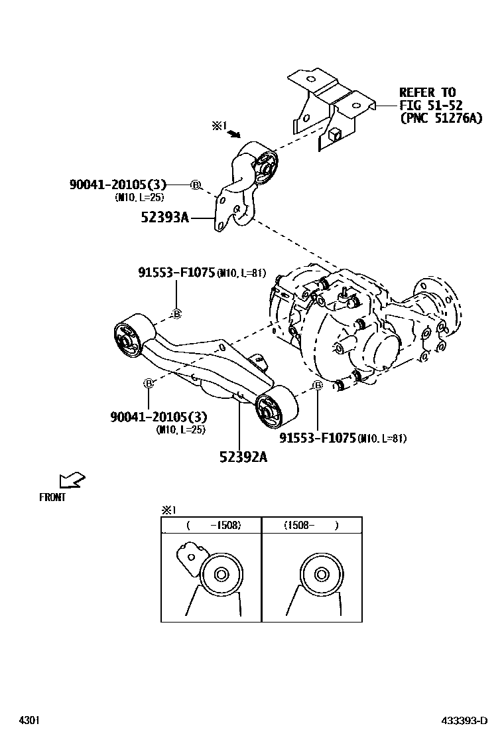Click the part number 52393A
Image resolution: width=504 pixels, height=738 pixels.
coord(164,216)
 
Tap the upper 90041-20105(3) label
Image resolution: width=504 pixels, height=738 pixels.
coord(117,184)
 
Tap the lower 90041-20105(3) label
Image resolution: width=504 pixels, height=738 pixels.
coord(158,417)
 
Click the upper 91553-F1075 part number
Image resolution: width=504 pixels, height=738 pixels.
coord(177,271)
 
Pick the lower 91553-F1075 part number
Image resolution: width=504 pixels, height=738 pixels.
coord(318,437)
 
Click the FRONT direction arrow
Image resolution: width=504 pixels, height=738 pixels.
coord(72,480)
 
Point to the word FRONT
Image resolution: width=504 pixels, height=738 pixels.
coord(52,497)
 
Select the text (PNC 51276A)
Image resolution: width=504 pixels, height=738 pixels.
coord(440,118)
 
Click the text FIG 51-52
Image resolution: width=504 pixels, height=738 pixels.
coord(430,105)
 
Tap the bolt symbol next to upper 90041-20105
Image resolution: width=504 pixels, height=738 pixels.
coord(195,184)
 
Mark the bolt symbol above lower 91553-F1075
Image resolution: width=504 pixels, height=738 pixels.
coord(318,386)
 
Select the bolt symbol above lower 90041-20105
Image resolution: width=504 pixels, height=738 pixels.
coord(149,383)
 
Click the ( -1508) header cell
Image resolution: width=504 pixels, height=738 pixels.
coord(211,525)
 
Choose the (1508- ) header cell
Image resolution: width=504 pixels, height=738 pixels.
coord(312,525)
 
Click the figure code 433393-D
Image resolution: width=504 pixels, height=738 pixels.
coord(465,721)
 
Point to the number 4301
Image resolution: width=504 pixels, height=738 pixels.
coord(28,721)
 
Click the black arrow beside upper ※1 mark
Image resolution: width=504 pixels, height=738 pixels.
coord(233,133)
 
